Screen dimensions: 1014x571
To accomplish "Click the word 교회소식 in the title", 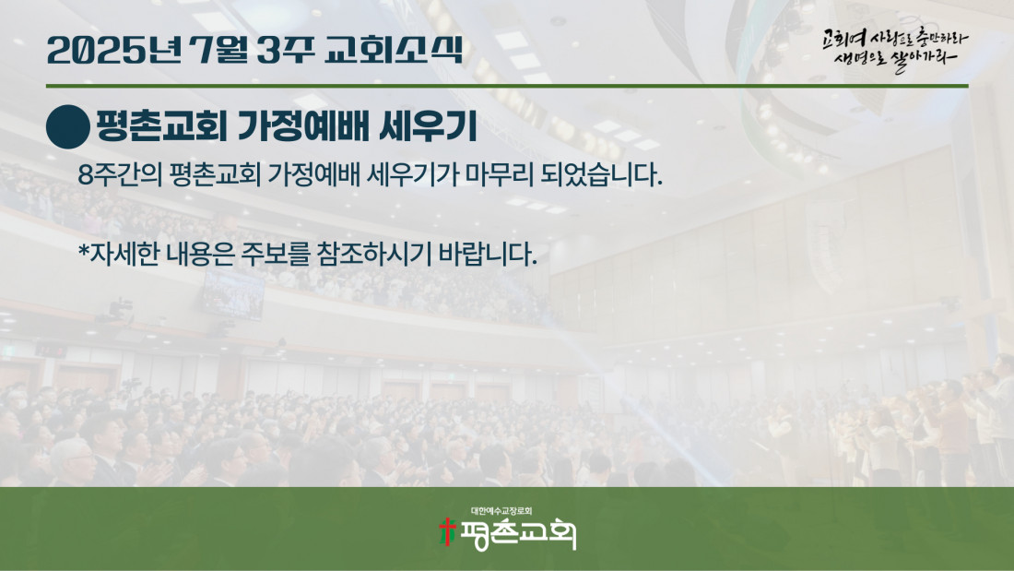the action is [x=394, y=50].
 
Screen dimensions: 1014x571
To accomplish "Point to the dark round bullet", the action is [x=68, y=127].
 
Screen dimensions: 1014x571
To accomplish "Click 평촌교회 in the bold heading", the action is [x=161, y=126].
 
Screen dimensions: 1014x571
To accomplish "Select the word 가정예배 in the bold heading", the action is [x=303, y=126].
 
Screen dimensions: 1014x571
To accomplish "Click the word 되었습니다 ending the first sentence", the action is [x=601, y=174].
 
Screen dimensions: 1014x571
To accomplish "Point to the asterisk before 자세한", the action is [x=83, y=250].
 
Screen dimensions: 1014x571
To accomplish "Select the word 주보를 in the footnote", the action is [x=276, y=254].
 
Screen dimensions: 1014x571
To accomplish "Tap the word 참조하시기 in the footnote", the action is [x=373, y=254].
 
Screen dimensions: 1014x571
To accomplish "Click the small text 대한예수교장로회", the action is [x=501, y=511].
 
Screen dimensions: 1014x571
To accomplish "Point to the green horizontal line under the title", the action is [x=507, y=86].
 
